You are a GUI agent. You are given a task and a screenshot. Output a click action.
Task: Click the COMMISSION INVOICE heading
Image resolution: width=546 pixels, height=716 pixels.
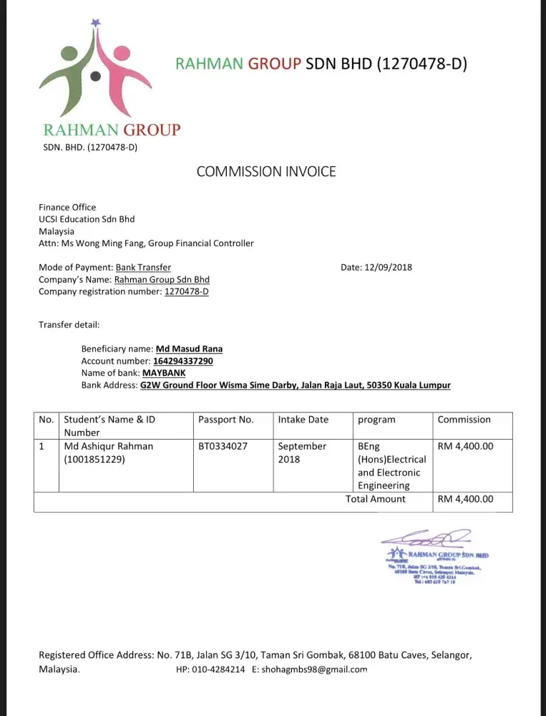point(265,171)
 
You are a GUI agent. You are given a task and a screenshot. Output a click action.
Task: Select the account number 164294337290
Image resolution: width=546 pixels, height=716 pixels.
point(183,361)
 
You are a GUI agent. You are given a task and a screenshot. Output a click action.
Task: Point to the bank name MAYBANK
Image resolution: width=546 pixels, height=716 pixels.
point(164,373)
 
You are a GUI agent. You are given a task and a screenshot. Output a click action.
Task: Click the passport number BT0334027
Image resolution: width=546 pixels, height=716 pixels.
point(223,446)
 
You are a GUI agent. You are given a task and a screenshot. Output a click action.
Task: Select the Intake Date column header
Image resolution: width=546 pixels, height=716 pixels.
point(303,420)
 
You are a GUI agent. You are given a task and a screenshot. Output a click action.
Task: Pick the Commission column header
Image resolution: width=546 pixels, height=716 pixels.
point(464,420)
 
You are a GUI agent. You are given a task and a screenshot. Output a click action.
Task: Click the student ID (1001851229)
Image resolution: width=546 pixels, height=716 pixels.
point(94,460)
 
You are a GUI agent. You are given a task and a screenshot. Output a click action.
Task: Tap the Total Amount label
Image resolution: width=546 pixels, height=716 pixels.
point(375,499)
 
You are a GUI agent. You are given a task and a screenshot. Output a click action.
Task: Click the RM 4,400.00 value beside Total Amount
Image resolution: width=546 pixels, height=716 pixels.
point(465,499)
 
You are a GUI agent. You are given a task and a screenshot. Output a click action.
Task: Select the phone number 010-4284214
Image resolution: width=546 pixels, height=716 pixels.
point(218,669)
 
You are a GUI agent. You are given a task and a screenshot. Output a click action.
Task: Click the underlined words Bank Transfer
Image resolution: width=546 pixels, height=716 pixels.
point(143,268)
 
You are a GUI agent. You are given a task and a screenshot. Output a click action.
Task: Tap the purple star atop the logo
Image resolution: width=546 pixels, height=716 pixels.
point(96,23)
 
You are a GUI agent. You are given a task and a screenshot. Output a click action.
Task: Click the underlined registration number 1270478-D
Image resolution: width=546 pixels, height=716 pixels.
point(186,291)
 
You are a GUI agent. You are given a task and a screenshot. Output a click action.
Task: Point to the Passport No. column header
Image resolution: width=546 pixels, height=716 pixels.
point(225,420)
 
